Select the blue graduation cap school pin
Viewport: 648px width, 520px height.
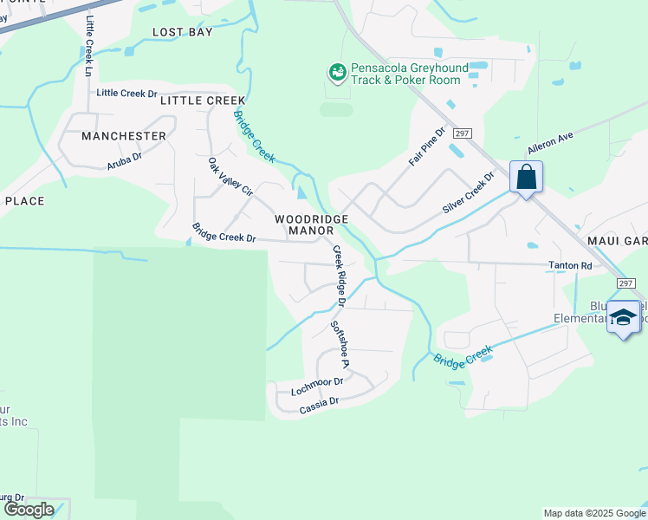(623, 318)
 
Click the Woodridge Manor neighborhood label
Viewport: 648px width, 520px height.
(311, 225)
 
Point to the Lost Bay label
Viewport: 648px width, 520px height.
(182, 32)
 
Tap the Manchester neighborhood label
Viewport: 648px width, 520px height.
(123, 136)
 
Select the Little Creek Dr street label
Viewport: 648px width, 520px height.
(126, 93)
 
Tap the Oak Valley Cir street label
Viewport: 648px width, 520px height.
(230, 177)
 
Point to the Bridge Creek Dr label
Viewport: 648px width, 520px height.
(224, 233)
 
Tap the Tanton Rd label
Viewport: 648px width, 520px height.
(568, 266)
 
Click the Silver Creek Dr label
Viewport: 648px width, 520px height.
(468, 192)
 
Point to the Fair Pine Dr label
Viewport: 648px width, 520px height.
(426, 147)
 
